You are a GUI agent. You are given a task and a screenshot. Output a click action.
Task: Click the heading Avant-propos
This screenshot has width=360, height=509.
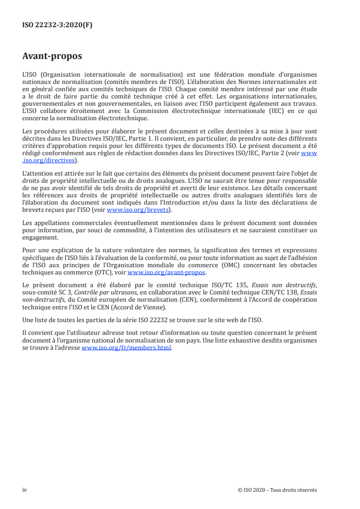pos(52,56)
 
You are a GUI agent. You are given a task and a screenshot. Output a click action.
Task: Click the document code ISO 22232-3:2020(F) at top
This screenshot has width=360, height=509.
pos(57,25)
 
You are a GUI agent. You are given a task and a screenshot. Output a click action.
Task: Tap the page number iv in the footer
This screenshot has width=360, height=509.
pos(25,489)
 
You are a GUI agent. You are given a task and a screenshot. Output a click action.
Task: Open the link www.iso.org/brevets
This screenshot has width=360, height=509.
pos(136,210)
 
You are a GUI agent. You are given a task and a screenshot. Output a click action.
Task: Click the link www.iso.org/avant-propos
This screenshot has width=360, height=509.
pos(167,273)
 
